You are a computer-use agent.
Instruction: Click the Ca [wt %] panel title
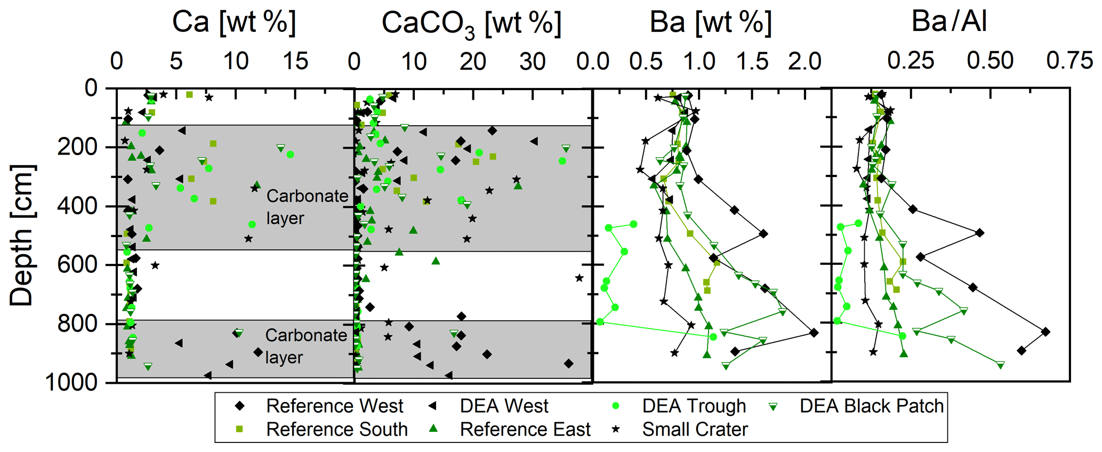234,22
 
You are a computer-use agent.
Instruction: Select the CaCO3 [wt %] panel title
471,24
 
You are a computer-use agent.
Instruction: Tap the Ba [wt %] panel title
710,22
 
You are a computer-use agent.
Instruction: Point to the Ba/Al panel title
949,21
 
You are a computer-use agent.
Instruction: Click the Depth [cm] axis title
21,236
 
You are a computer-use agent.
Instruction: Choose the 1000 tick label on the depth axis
71,383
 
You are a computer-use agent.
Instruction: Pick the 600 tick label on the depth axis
80,265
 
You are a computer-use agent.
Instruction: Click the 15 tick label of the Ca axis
295,62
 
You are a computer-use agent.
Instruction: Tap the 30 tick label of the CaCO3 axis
532,62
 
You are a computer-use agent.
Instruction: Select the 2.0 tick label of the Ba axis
805,62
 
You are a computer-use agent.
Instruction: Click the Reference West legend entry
334,406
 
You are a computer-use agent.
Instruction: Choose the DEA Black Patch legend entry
871,406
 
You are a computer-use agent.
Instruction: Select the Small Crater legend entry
695,430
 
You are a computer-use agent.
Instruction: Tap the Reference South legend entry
336,430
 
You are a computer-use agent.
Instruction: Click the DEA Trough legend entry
694,406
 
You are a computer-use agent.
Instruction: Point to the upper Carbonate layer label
307,207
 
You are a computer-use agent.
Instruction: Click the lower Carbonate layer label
305,346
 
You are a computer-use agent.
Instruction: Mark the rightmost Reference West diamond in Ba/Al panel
1045,332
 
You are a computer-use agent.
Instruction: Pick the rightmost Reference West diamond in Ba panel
814,333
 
